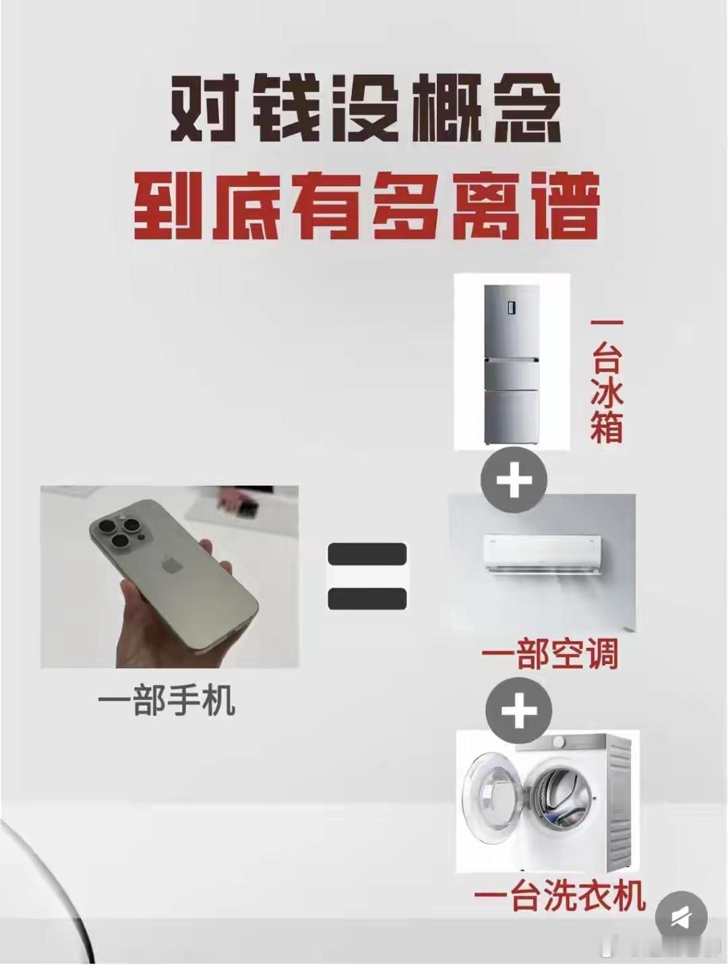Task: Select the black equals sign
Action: [367, 576]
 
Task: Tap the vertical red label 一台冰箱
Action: [606, 381]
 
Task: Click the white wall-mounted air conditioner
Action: [542, 554]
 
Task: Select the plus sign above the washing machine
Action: [518, 711]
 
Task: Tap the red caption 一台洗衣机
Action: [560, 897]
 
